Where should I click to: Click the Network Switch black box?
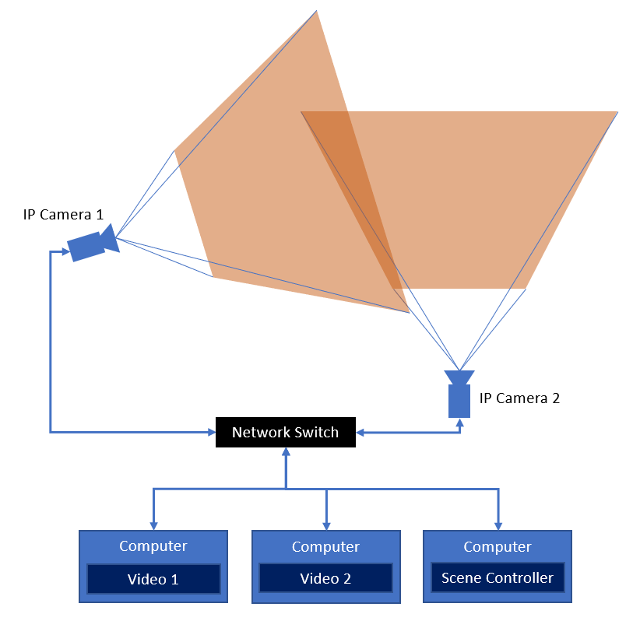click(285, 432)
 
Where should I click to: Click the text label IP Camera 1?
click(63, 215)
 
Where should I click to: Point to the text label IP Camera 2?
click(519, 398)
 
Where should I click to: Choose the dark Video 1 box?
click(153, 579)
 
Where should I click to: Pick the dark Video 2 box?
click(325, 579)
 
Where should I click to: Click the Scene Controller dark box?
click(497, 578)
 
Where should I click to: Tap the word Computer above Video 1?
click(153, 546)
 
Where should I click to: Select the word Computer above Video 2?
click(325, 547)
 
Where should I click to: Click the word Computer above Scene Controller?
click(497, 547)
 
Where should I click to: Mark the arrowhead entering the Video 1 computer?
click(153, 525)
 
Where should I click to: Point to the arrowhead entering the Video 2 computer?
click(326, 525)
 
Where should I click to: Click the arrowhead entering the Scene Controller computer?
click(498, 525)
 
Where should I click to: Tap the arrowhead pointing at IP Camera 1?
click(62, 251)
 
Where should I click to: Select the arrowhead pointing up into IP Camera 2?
click(459, 423)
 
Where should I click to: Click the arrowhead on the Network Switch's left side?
click(210, 431)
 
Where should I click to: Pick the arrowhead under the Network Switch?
click(286, 453)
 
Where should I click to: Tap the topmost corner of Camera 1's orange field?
click(317, 12)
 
